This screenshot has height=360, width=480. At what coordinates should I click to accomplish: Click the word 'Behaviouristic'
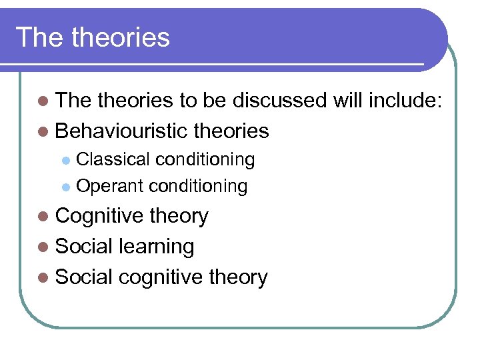point(122,131)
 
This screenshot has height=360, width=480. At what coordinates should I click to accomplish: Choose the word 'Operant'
point(111,186)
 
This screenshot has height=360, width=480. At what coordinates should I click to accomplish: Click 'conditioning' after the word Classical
point(205,160)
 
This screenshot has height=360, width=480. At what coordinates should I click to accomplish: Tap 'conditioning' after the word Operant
point(198,186)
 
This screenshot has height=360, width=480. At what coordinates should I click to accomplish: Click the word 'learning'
point(156,247)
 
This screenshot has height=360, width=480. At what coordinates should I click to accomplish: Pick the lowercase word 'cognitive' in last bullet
point(162,277)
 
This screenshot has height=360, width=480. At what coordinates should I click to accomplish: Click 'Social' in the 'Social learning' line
point(84,247)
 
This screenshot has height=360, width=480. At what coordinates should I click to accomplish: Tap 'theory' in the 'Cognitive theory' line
point(180,217)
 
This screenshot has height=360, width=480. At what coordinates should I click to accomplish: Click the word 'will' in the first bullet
point(344,101)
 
